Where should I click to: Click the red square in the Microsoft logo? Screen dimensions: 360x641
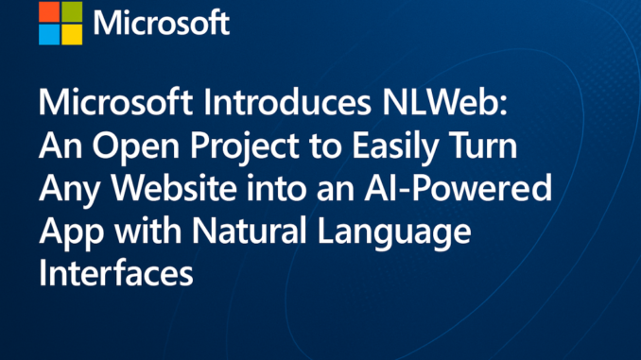[49, 11]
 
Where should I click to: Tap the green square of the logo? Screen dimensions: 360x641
[72, 11]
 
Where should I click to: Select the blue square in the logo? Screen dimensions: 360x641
[49, 33]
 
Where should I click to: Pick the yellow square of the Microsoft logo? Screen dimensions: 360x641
[72, 33]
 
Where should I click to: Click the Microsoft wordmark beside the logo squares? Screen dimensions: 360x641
[163, 23]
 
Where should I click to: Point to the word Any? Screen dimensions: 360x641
[65, 191]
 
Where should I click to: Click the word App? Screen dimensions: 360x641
[66, 233]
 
